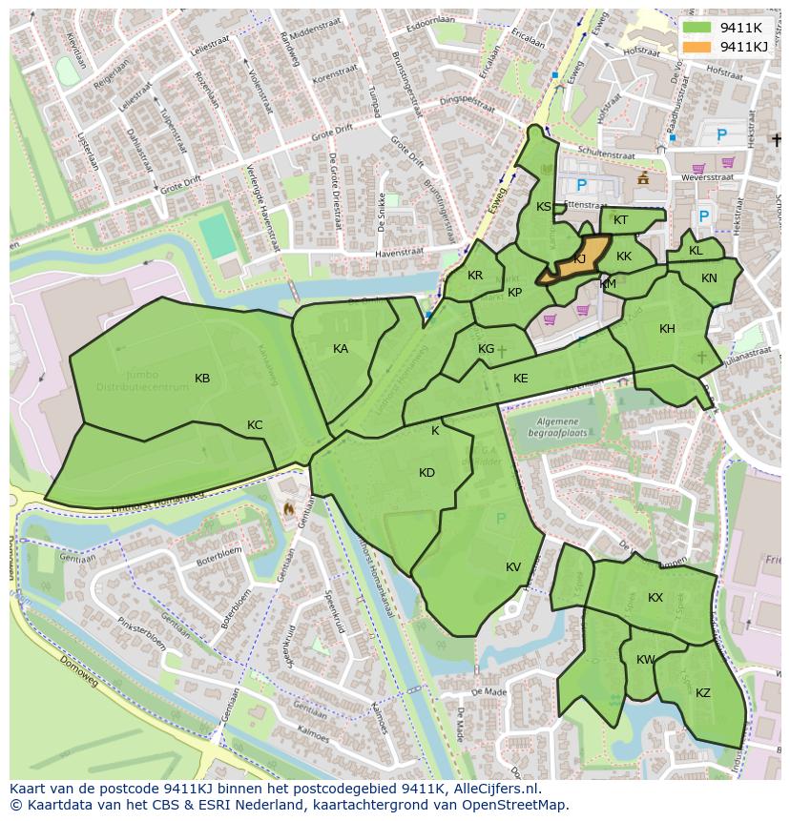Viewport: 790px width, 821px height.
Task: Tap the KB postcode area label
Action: coord(202,379)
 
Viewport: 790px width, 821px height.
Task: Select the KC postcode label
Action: coord(255,425)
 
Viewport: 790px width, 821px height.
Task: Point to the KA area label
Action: coord(341,349)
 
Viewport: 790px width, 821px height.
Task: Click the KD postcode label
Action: coord(426,473)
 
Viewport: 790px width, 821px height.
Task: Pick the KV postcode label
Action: coord(513,567)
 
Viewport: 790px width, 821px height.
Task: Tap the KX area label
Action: coord(655,598)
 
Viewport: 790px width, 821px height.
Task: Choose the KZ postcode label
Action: coord(703,693)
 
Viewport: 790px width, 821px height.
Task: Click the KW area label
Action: coord(646,660)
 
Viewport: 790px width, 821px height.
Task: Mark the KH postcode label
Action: coord(667,329)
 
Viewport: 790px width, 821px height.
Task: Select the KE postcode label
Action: coord(520,379)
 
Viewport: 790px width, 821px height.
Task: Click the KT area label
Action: coord(621,220)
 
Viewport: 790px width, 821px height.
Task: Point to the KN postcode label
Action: coord(709,278)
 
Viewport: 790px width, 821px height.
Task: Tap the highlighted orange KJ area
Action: coord(578,260)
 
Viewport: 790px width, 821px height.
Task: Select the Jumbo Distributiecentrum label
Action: coord(144,381)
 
